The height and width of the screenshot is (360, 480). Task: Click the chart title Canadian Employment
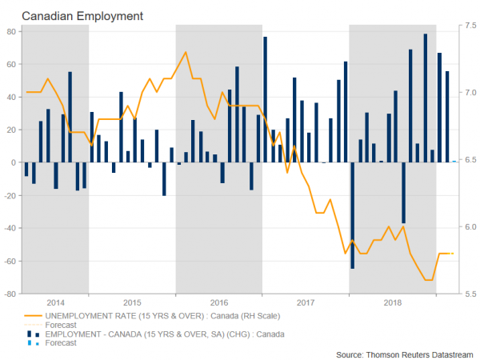point(71,14)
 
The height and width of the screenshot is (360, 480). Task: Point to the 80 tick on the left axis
point(11,31)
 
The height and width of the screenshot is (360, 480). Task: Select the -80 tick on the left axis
point(10,294)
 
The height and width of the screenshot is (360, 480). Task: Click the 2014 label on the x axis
point(57,302)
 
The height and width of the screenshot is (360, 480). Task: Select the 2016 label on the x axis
point(218,302)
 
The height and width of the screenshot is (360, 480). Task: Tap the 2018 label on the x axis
point(393,302)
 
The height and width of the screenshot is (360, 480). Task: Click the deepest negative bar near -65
point(353,215)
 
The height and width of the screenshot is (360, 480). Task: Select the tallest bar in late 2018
point(425,98)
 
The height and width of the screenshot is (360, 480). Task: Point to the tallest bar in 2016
point(265,99)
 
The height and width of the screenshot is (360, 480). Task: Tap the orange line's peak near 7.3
point(186,53)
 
